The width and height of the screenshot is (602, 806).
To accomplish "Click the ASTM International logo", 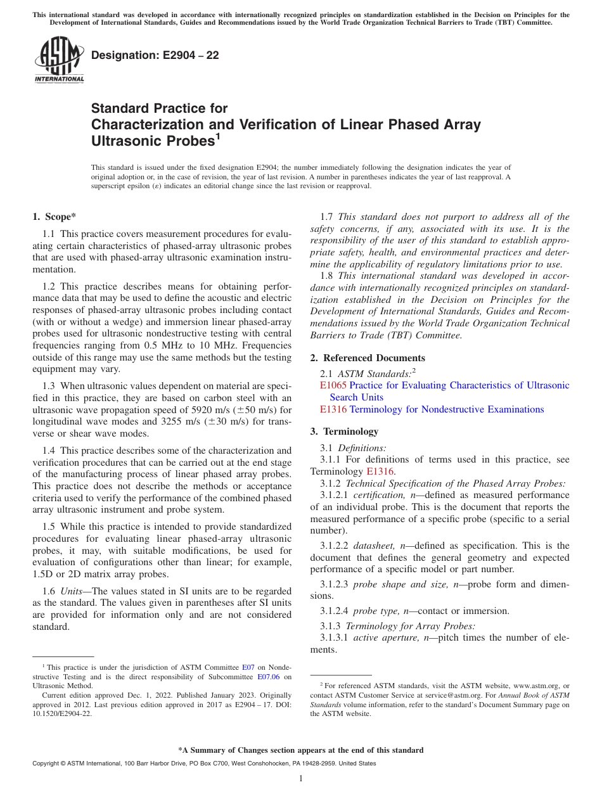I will click(59, 60).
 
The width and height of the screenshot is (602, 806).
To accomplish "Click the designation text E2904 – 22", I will click(155, 55).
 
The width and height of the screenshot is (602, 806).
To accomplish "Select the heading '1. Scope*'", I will click(54, 217).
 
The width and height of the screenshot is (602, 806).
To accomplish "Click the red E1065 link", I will click(333, 385).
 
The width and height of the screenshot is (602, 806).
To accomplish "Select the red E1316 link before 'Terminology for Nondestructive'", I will click(333, 409).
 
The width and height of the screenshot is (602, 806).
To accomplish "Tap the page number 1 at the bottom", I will click(301, 779).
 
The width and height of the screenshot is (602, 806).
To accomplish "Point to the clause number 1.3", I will click(49, 386).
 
